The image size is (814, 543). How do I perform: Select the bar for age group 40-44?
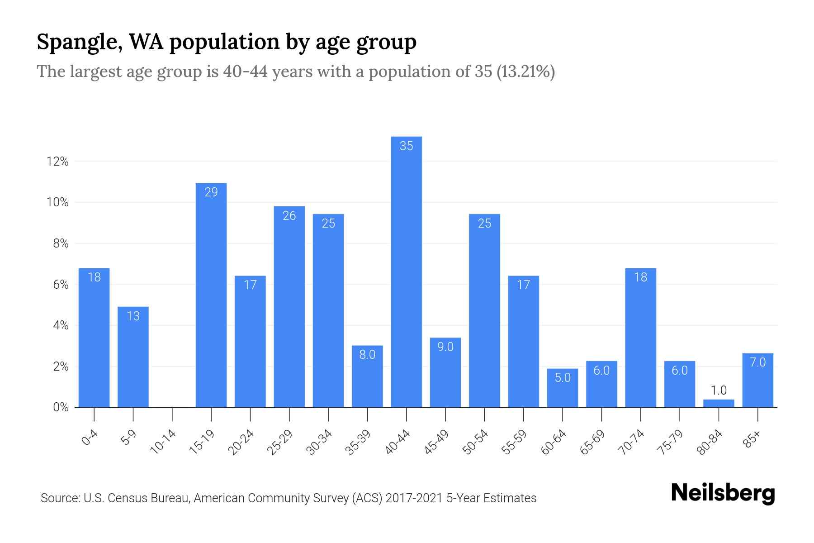406,271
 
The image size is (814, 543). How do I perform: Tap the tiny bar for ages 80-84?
719,403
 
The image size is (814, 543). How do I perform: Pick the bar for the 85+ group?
757,380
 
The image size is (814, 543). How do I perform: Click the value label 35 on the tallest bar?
406,146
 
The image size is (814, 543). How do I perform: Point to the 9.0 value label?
445,347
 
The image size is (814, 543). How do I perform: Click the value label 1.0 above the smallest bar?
719,390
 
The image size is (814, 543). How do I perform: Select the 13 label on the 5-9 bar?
133,316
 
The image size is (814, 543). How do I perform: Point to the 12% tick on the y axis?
57,162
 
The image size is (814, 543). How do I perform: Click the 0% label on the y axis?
61,407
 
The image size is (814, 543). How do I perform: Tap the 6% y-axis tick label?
61,285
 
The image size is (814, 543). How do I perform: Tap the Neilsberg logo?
723,493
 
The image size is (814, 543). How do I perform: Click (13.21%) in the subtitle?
525,71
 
